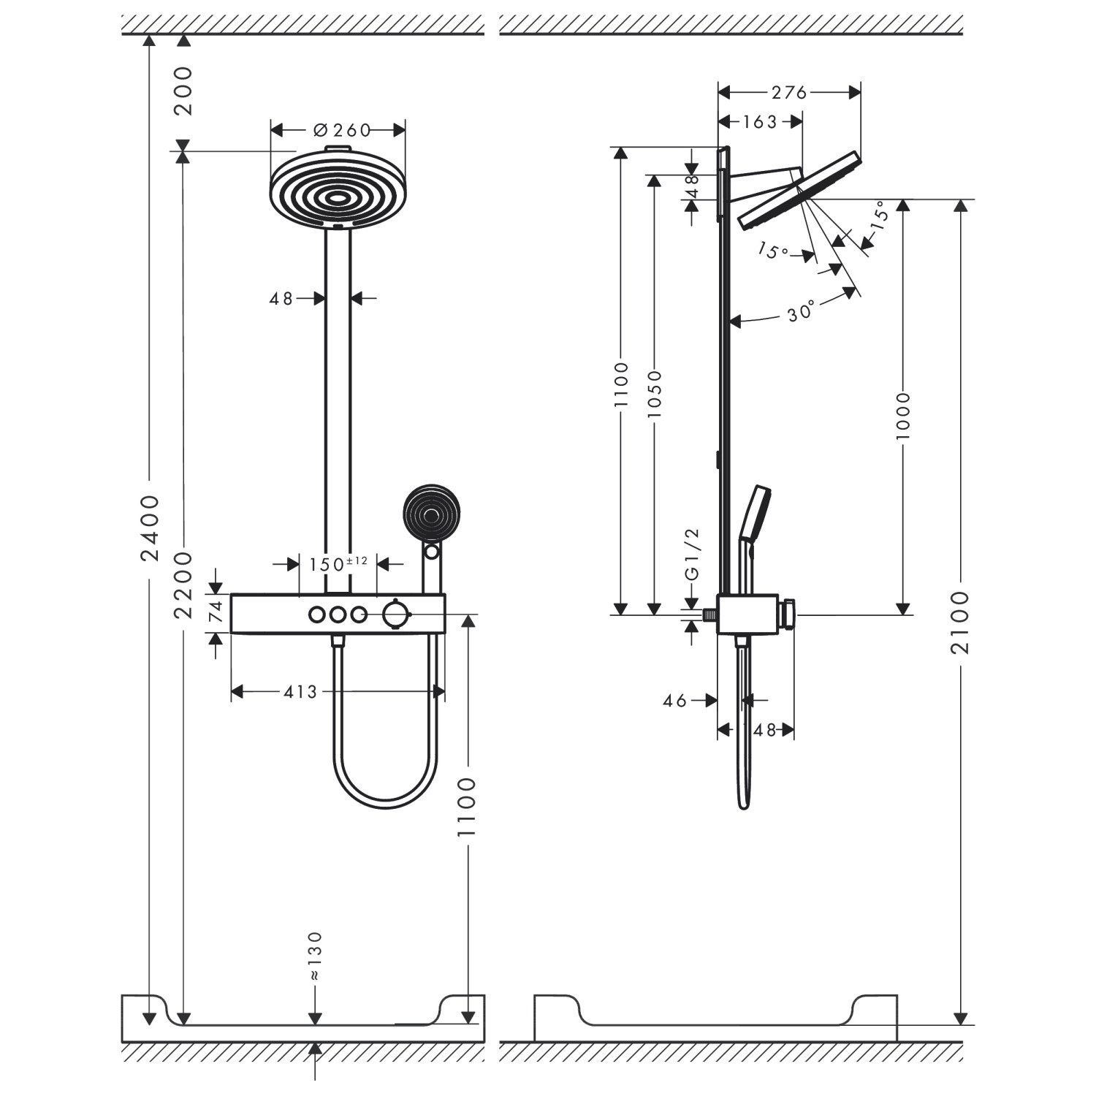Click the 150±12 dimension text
point(338,564)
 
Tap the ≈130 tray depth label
point(314,956)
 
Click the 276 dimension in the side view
point(789,92)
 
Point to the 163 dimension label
point(760,122)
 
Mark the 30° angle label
point(802,313)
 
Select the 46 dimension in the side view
point(675,700)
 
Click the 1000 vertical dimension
point(903,416)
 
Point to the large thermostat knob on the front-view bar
point(395,614)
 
